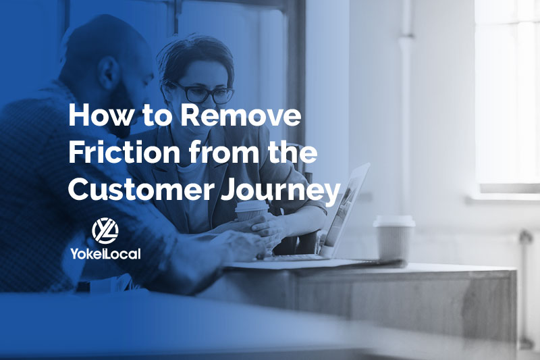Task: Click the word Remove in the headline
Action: (241, 115)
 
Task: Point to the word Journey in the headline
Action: (280, 191)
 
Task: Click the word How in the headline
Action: (100, 115)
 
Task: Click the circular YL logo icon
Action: (105, 231)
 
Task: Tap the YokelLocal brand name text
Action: (105, 253)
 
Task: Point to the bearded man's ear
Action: (108, 74)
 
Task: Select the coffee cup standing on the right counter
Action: (394, 238)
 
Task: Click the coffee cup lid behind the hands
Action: (251, 205)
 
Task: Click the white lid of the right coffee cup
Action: (394, 221)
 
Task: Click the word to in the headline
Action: (157, 116)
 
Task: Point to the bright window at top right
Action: (507, 93)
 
